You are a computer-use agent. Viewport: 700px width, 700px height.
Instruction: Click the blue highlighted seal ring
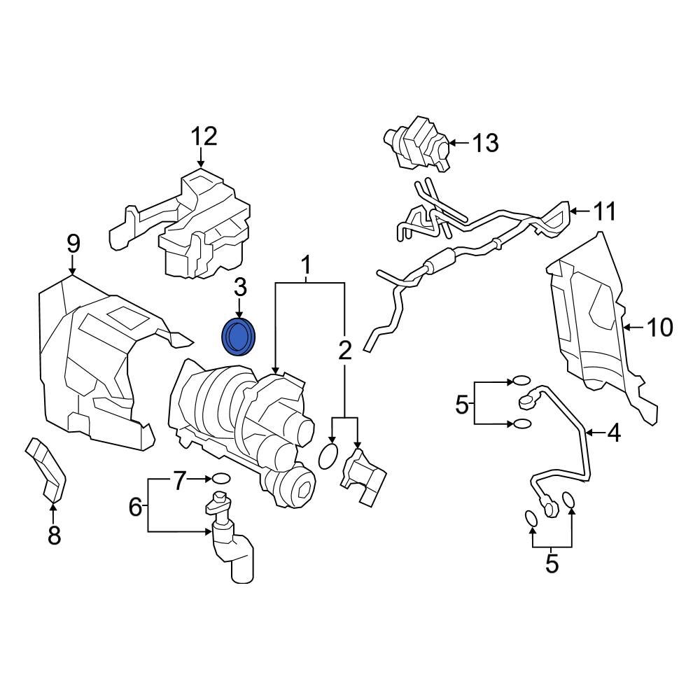click(x=239, y=337)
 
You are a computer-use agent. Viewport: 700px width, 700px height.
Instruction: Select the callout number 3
click(x=240, y=288)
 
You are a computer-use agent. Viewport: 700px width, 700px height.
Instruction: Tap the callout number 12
click(x=205, y=136)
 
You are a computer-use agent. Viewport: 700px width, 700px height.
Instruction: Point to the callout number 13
click(x=484, y=143)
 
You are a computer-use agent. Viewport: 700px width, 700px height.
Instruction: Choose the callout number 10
click(x=659, y=327)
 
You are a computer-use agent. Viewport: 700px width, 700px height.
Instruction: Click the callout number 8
click(x=54, y=535)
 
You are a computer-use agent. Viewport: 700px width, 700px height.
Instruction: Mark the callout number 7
click(x=181, y=480)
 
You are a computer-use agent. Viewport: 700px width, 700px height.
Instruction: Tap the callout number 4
click(x=613, y=434)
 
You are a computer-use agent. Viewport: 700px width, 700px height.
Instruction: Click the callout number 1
click(x=306, y=266)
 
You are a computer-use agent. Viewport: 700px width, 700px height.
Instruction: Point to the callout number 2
click(x=344, y=351)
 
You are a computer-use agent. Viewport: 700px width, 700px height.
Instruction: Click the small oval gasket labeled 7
click(x=220, y=479)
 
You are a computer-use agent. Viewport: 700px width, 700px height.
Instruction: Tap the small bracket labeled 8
click(x=46, y=469)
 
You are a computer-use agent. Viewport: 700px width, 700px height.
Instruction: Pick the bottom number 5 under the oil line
click(x=552, y=563)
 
